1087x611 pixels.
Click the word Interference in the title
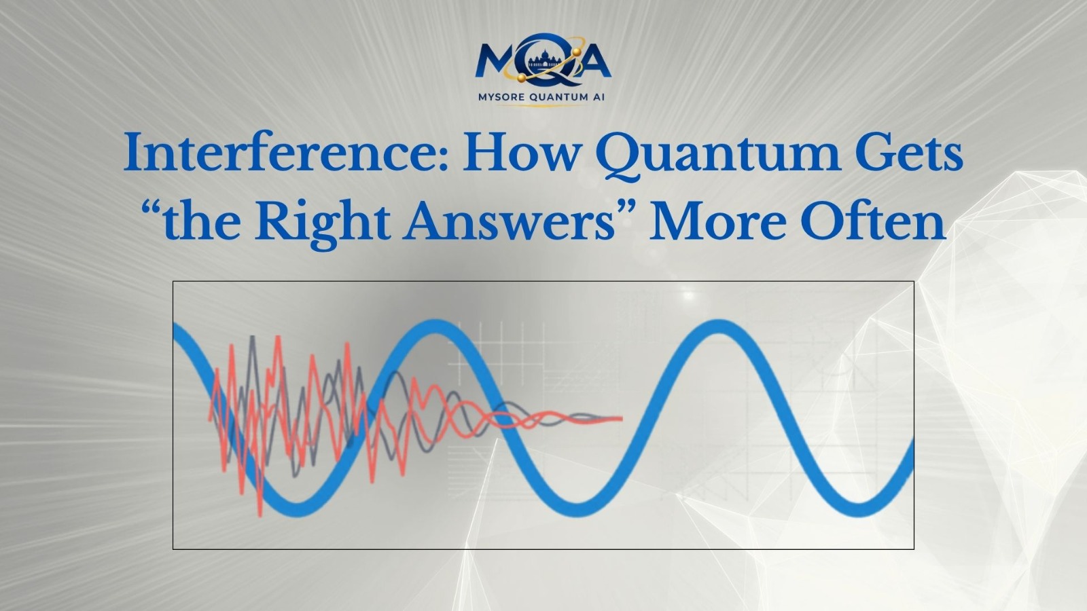(266, 154)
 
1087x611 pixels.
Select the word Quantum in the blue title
(717, 156)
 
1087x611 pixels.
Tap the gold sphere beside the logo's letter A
(577, 52)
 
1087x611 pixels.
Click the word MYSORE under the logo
(500, 98)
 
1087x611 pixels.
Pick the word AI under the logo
(599, 98)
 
